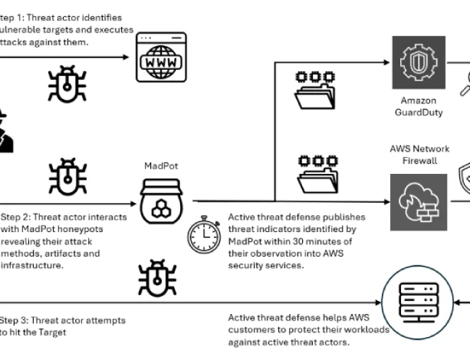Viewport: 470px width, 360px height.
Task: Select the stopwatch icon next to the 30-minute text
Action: tap(203, 234)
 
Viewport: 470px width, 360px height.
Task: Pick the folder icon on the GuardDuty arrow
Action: tap(316, 91)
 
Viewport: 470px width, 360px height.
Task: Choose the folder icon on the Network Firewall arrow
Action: tap(316, 175)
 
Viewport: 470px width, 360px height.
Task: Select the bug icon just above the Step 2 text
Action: tap(66, 177)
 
